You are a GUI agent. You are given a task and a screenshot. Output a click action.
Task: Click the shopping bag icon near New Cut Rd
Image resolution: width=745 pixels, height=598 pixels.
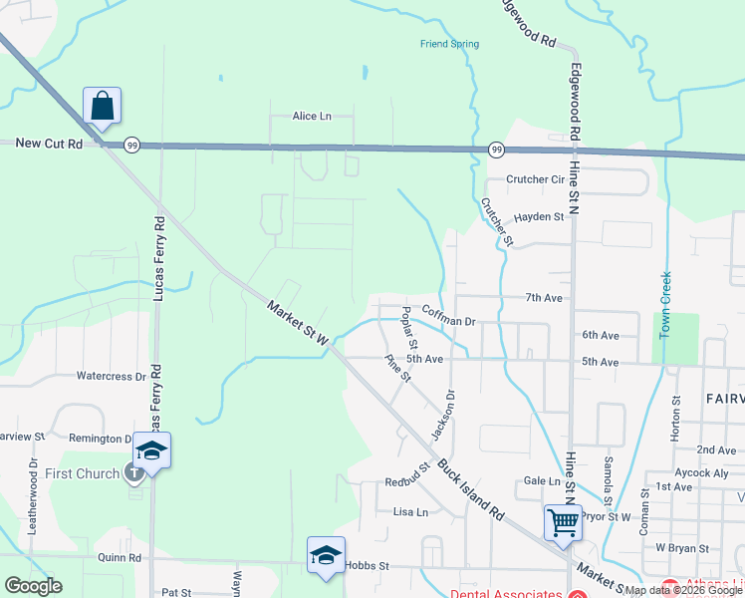click(x=102, y=107)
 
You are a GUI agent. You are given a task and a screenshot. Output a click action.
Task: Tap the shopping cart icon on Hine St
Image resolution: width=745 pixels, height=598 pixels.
click(x=563, y=521)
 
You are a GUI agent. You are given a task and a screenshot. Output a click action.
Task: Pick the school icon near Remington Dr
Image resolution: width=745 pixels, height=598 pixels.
click(x=152, y=451)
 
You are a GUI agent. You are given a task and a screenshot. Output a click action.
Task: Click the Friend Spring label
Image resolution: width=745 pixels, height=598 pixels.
click(x=449, y=44)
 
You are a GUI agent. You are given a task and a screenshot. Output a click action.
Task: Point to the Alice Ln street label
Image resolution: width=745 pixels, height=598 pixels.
click(x=311, y=117)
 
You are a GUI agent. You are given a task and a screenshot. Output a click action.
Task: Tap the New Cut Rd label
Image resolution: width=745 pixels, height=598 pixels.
click(x=49, y=144)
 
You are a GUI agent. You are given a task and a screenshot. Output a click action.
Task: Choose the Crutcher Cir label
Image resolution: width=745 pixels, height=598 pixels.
click(x=535, y=179)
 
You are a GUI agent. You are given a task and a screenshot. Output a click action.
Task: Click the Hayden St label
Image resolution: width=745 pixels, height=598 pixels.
click(x=539, y=216)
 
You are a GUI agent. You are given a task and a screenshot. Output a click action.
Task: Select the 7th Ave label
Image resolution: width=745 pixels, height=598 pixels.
click(x=545, y=298)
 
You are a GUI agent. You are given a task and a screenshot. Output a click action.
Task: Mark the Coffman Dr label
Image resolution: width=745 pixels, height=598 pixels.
click(x=450, y=315)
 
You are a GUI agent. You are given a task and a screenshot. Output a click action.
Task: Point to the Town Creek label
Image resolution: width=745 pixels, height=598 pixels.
click(x=666, y=305)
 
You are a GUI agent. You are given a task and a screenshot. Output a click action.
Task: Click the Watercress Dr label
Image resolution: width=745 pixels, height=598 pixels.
click(x=119, y=377)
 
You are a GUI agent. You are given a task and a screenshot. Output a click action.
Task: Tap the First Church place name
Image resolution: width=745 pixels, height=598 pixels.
click(x=83, y=473)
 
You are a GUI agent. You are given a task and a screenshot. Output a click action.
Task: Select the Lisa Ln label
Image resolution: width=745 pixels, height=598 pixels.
click(x=410, y=512)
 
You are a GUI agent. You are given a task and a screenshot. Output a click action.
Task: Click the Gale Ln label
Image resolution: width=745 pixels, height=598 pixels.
click(x=542, y=480)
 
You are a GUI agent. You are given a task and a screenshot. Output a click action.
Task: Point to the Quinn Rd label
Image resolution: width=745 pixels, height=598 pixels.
click(x=121, y=558)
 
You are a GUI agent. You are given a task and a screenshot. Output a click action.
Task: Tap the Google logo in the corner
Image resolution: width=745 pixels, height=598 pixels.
click(x=33, y=586)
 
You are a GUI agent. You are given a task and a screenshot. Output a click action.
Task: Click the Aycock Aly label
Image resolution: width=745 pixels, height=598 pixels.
click(x=700, y=472)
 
